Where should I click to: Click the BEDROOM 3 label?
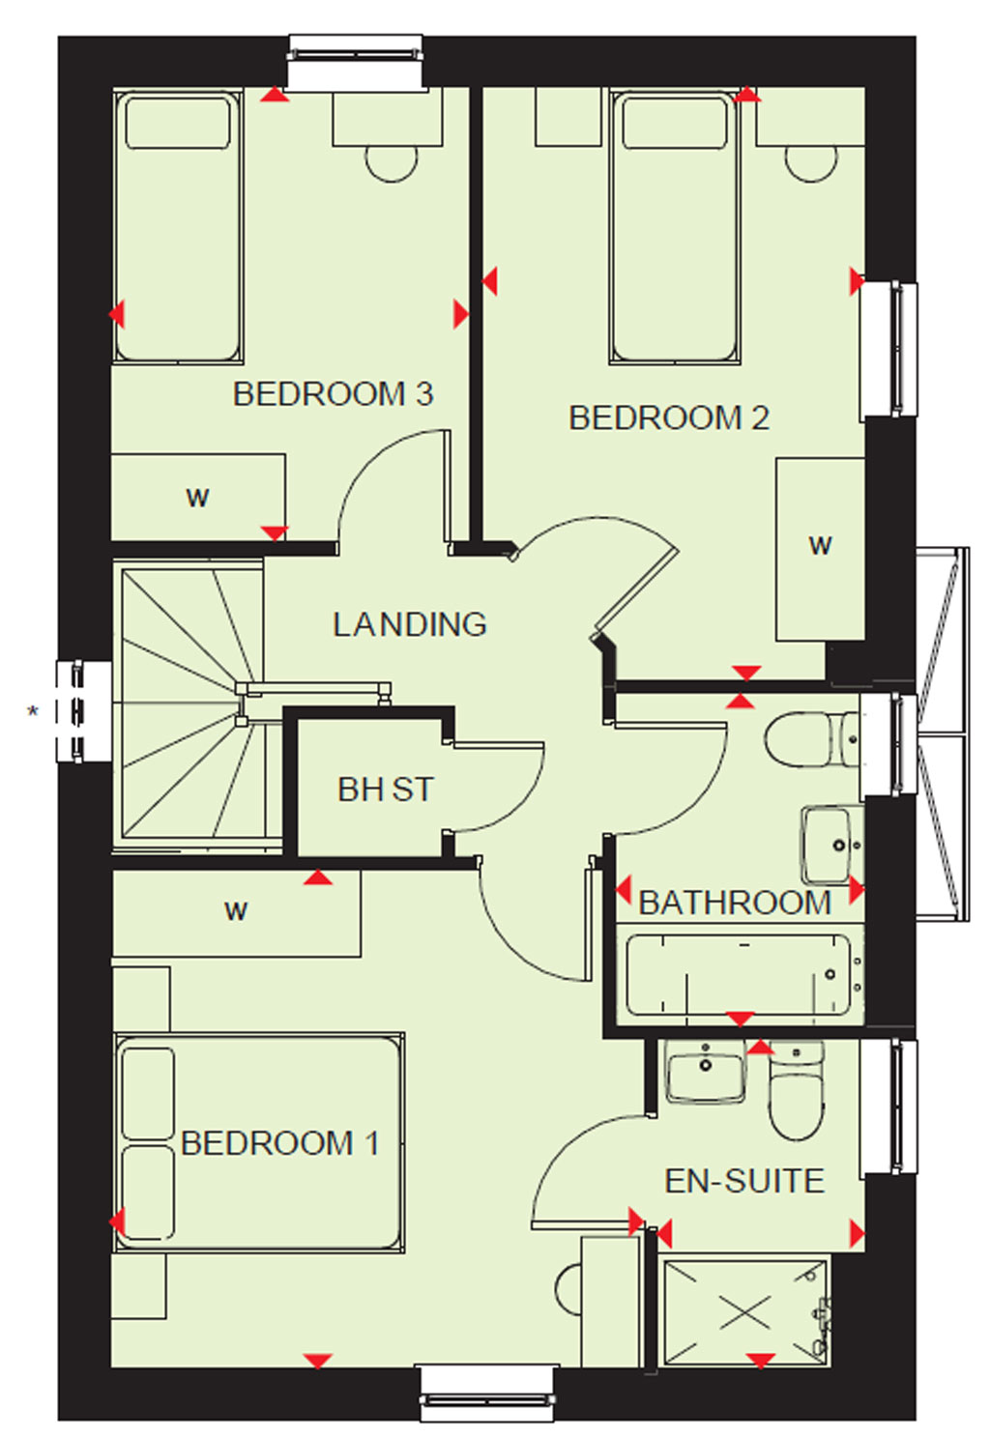pyautogui.click(x=333, y=394)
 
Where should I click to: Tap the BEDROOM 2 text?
pyautogui.click(x=669, y=417)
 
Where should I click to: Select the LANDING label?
pyautogui.click(x=409, y=624)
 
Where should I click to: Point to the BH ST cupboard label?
pyautogui.click(x=385, y=790)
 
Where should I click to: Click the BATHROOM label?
pyautogui.click(x=735, y=903)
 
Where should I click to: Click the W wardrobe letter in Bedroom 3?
pyautogui.click(x=197, y=498)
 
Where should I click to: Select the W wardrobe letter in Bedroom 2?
pyautogui.click(x=820, y=546)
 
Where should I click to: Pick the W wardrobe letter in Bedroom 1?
pyautogui.click(x=236, y=910)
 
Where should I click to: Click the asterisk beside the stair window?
pyautogui.click(x=33, y=711)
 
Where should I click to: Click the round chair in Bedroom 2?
pyautogui.click(x=811, y=163)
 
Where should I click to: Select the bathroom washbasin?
pyautogui.click(x=831, y=845)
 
